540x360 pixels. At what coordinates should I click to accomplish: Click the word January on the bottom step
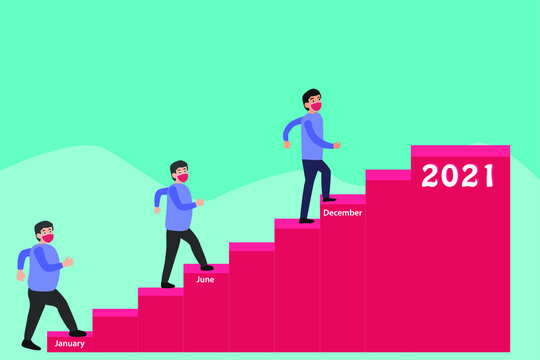69,343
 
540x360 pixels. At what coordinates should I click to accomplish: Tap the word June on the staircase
205,280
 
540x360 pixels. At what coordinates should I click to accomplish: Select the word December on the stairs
342,212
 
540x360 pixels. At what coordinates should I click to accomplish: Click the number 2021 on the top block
458,176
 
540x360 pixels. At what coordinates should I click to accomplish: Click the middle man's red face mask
182,177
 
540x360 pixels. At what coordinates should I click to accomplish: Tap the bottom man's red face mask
47,238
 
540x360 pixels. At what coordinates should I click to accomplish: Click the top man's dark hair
310,94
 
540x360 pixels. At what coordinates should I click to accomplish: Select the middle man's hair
177,166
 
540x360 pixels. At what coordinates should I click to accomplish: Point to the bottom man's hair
42,227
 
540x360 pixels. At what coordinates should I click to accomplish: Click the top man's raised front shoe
328,199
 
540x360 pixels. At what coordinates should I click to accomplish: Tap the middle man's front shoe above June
206,267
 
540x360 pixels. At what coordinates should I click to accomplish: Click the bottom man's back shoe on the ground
31,345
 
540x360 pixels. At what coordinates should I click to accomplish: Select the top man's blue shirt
313,136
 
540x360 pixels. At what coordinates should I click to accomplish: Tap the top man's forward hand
338,145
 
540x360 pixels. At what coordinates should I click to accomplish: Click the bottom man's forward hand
69,262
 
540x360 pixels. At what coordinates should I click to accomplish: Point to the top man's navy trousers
314,185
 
